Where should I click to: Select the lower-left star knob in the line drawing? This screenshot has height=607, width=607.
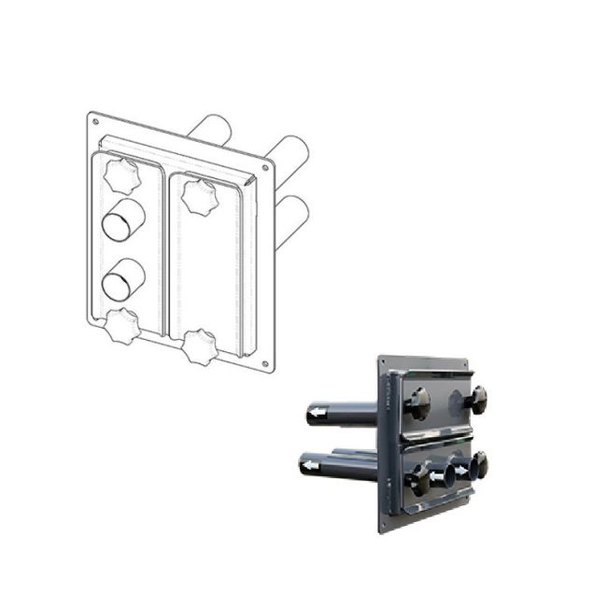coord(121,327)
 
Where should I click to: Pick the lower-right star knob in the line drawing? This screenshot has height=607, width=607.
coord(200,346)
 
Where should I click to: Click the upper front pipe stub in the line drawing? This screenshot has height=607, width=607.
coord(124,222)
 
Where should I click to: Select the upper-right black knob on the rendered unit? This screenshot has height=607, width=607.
coord(478,399)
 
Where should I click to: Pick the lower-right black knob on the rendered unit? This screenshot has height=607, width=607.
coord(480,465)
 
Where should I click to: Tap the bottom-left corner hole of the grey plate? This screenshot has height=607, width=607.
coord(383,526)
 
